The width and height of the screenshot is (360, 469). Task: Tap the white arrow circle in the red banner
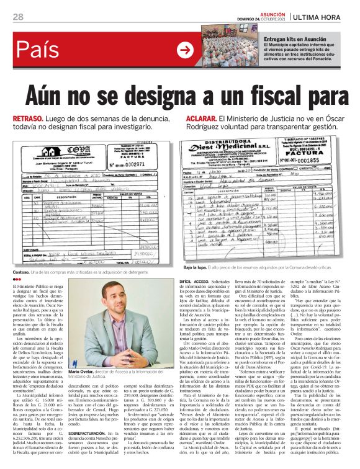click(184, 50)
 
